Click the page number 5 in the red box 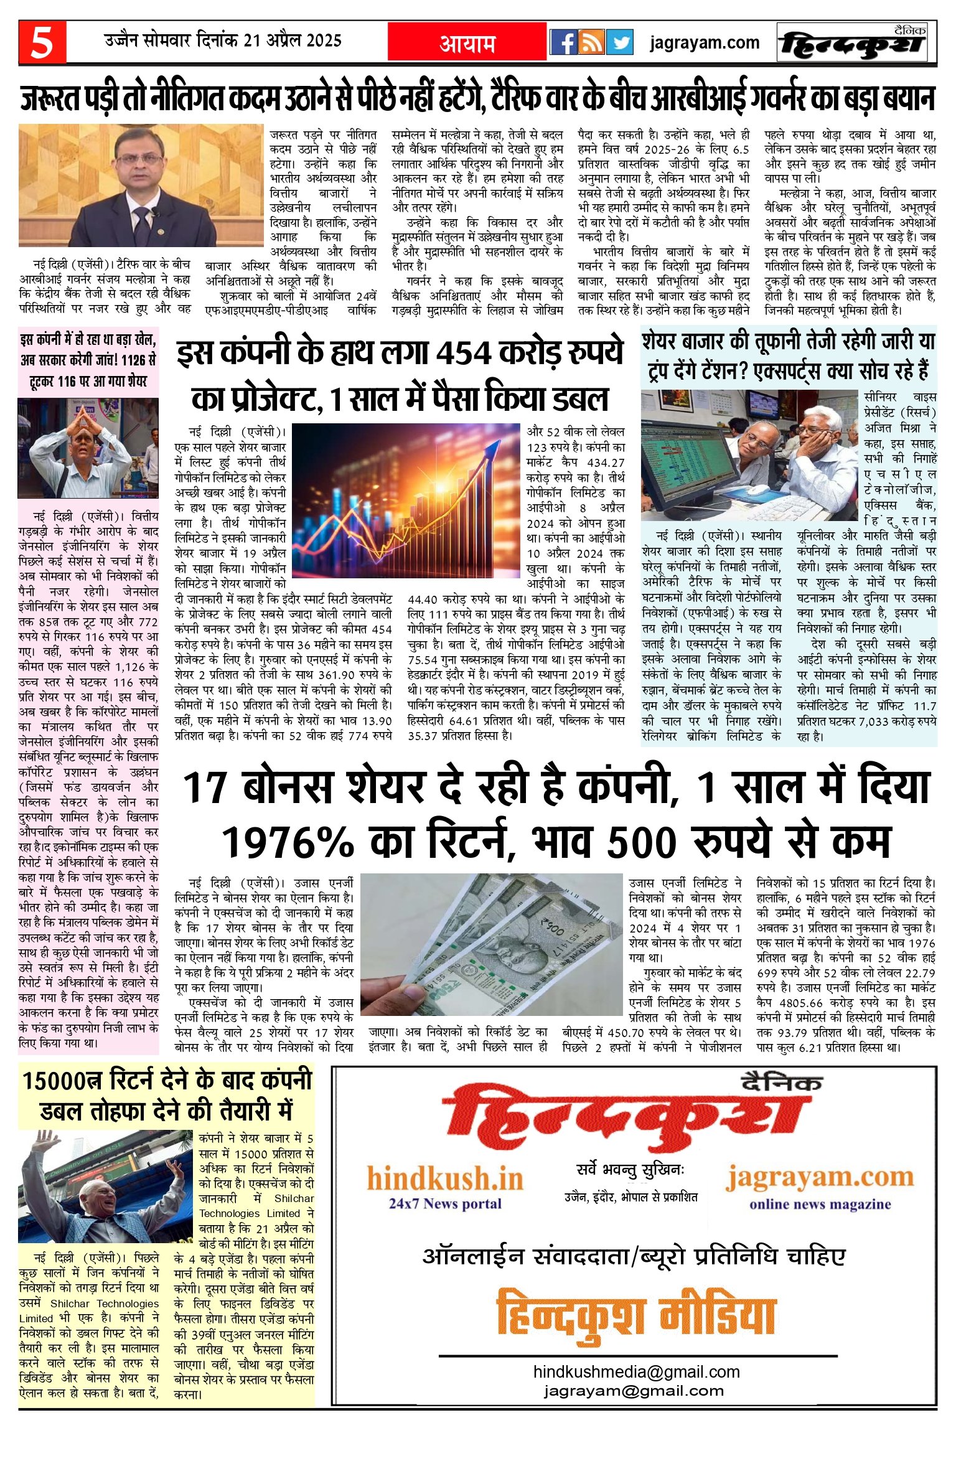tap(42, 42)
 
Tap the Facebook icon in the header tap(564, 42)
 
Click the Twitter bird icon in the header tap(619, 42)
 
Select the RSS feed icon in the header tap(591, 42)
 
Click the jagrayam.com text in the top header tap(705, 43)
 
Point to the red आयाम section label tap(467, 43)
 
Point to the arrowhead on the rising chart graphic tap(497, 444)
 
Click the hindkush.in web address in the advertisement tap(445, 1178)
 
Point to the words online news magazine tap(820, 1204)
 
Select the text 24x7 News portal tap(445, 1203)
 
